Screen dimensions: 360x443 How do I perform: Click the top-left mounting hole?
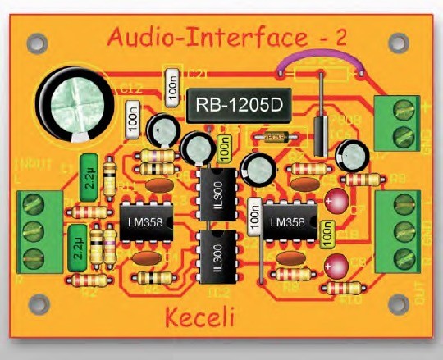(x=34, y=39)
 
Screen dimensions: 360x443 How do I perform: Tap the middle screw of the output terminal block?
(x=395, y=226)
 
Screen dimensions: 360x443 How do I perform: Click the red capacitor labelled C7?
(x=336, y=199)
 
